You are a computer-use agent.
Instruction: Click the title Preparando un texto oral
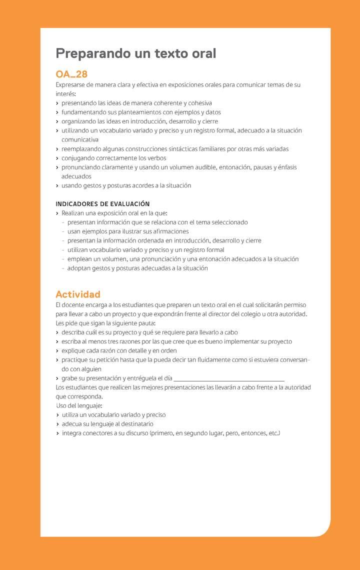pos(135,53)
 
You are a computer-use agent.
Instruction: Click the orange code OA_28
pos(71,74)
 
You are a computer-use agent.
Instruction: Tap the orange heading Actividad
pos(78,294)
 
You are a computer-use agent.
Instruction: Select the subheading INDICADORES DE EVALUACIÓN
pos(102,204)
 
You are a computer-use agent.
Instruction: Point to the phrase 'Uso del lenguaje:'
pos(79,405)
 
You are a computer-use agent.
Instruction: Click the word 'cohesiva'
pos(200,103)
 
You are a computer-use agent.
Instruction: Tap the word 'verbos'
pos(156,158)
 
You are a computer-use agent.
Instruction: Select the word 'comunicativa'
pos(80,140)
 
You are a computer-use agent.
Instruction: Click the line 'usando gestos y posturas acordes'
pos(126,185)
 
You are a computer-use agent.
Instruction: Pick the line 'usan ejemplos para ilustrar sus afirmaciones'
pos(128,231)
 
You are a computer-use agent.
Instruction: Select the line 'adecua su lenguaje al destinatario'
pos(107,424)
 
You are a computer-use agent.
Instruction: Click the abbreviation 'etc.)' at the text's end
pos(274,433)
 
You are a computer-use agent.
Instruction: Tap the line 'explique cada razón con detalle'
pos(119,351)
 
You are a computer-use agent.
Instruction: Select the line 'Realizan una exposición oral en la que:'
pos(114,213)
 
